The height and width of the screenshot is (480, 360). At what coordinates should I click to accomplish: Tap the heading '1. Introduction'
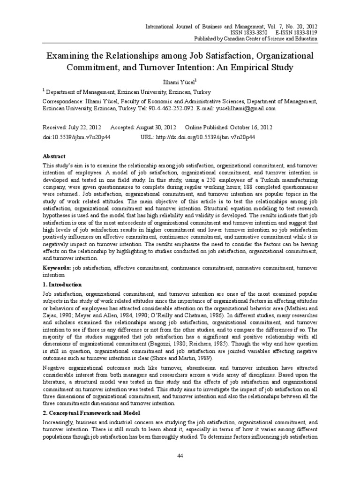62,285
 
